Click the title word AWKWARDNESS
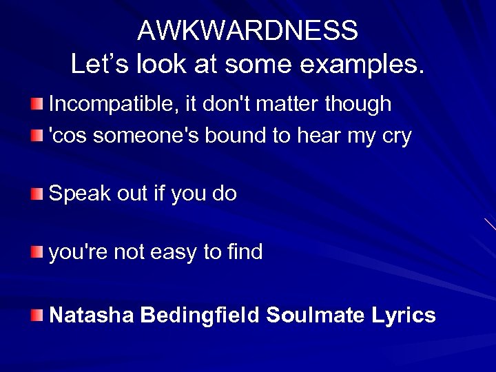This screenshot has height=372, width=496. click(x=247, y=30)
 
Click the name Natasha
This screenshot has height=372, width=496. click(x=92, y=315)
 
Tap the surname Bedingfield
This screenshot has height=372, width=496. click(x=200, y=316)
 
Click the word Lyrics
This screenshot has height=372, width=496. click(x=403, y=316)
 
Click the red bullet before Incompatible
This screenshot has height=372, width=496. click(x=36, y=105)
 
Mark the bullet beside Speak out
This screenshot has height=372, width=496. click(x=36, y=194)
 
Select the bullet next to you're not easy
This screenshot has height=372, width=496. click(x=36, y=253)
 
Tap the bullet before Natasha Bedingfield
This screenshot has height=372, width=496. click(x=36, y=316)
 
